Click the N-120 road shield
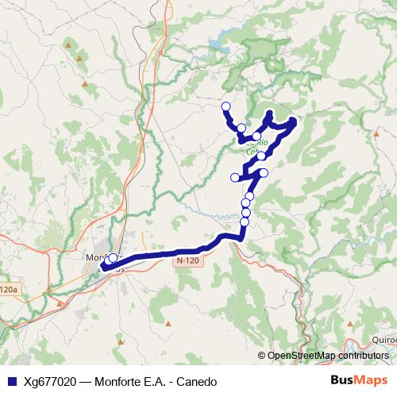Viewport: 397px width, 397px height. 187,260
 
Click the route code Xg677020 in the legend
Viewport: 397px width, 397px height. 48,382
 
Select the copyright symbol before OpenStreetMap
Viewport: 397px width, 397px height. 262,355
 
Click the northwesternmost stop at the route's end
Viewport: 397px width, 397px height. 225,106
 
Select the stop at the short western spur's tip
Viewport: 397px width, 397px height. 235,177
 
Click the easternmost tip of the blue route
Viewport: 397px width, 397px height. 295,121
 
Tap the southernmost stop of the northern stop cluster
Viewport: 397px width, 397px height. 244,222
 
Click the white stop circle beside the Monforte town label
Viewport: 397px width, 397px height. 113,257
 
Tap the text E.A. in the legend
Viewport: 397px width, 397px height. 156,382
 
